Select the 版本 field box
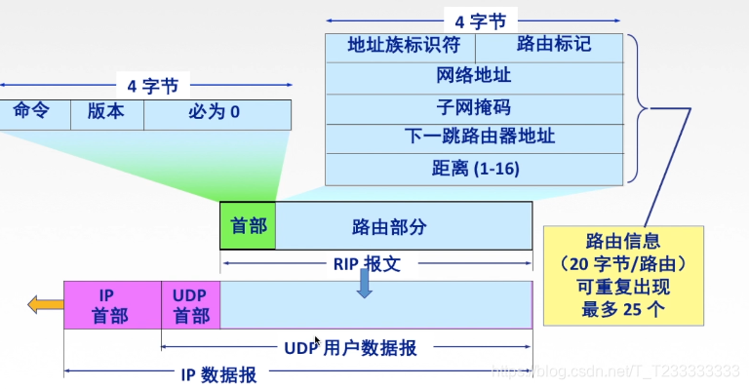point(106,112)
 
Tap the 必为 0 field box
point(216,112)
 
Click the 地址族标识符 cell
point(400,46)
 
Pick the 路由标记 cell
point(549,46)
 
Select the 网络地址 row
point(474,77)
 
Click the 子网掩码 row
point(474,107)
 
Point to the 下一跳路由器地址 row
point(474,137)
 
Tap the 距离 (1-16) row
point(474,168)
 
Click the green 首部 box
point(248,226)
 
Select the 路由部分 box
point(404,226)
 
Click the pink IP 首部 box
point(112,304)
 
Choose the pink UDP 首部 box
point(190,304)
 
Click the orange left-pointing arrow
point(45,305)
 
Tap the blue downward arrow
point(364,284)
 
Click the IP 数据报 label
point(219,372)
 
